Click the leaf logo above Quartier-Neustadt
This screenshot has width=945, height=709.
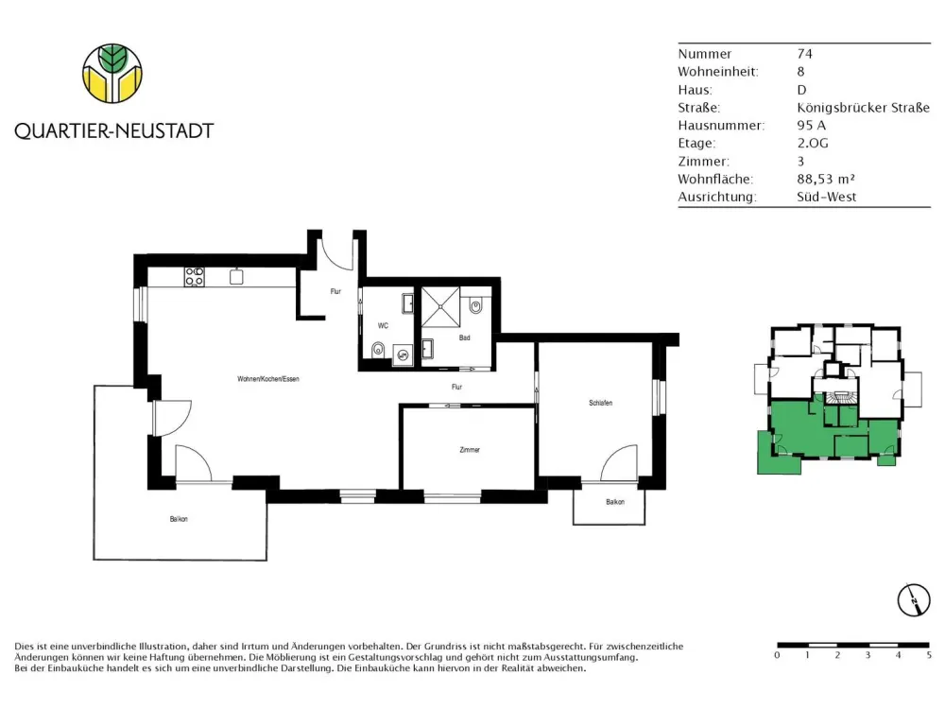[x=112, y=73]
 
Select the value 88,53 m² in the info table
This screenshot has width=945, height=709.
[x=826, y=179]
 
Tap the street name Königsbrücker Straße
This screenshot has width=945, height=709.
[x=863, y=108]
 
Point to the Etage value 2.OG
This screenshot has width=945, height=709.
[x=813, y=143]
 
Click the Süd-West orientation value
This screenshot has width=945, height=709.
[x=826, y=197]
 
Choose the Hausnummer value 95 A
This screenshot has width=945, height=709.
[x=811, y=126]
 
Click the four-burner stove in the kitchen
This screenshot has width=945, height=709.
[x=194, y=277]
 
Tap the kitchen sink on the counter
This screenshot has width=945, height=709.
[x=236, y=276]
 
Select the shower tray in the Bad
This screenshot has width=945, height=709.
[x=440, y=307]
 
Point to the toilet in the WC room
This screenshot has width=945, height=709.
[x=379, y=349]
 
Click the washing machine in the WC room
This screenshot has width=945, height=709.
[x=403, y=355]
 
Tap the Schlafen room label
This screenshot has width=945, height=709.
[x=601, y=403]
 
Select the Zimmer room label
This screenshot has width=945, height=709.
[x=470, y=450]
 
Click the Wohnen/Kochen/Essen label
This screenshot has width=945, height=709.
[x=268, y=379]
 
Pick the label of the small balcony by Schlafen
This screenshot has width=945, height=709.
[x=615, y=502]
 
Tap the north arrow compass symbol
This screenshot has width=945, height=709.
[x=914, y=600]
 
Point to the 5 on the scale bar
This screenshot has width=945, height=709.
[x=929, y=655]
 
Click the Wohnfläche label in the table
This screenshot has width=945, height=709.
[x=715, y=179]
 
